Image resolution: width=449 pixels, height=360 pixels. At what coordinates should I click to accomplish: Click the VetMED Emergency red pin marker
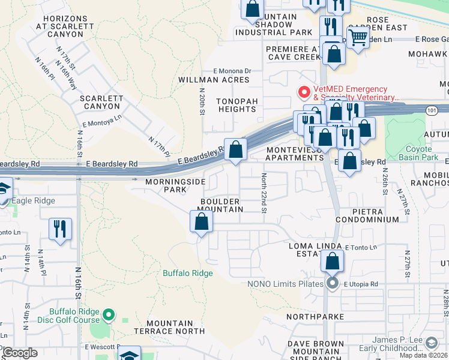tap(304, 92)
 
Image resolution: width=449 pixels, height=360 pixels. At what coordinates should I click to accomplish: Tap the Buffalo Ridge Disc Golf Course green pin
tap(109, 314)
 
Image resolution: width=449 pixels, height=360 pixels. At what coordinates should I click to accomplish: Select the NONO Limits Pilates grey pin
tap(333, 284)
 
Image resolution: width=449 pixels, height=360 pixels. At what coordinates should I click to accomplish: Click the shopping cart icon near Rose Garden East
tap(358, 37)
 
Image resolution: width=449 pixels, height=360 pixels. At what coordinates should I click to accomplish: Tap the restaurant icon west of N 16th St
tap(60, 229)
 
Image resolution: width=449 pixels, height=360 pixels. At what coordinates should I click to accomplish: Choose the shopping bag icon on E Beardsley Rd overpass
tap(237, 149)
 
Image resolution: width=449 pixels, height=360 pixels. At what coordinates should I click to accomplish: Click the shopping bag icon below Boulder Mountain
tap(202, 221)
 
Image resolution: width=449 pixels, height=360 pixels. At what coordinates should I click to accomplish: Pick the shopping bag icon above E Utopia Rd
tap(332, 262)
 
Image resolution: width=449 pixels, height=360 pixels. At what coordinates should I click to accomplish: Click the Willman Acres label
tap(214, 80)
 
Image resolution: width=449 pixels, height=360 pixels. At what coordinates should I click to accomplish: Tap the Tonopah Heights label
tap(237, 105)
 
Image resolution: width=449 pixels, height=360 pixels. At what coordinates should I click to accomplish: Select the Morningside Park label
tap(174, 185)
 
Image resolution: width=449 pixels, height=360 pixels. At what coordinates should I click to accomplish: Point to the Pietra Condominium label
tap(367, 215)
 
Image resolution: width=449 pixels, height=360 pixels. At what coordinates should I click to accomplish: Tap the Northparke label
tap(315, 316)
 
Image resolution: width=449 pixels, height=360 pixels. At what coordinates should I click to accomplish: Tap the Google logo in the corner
tap(20, 353)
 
